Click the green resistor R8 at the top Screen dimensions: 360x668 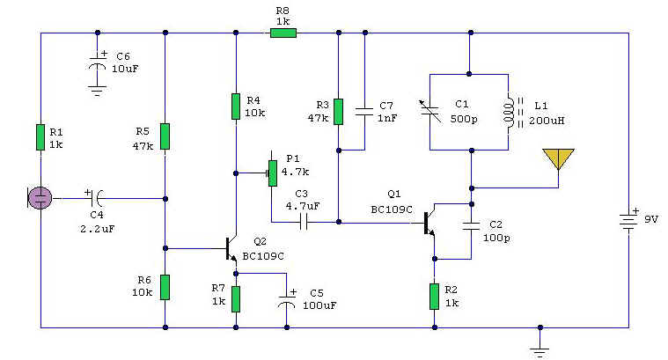click(283, 33)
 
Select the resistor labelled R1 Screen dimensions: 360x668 click(40, 137)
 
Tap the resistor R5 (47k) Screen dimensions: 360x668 click(165, 137)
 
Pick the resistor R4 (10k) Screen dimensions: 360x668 click(235, 106)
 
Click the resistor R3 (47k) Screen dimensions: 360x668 click(337, 112)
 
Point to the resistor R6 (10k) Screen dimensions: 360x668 click(165, 286)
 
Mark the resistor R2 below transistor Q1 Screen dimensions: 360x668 click(434, 296)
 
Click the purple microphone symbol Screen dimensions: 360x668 click(40, 197)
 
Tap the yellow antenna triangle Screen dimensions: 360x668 click(558, 158)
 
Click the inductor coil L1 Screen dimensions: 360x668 click(509, 112)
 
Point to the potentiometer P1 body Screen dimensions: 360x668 click(272, 173)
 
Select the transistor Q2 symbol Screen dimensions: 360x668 click(231, 249)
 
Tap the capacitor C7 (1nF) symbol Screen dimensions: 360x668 click(363, 112)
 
